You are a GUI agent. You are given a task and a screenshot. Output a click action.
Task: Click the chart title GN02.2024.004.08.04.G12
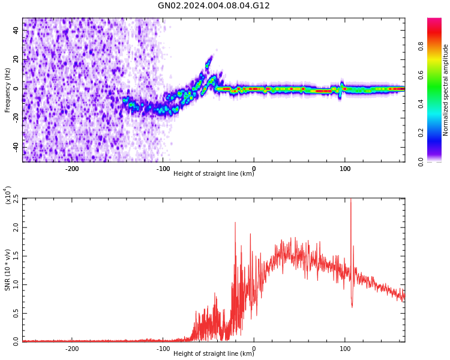click(214, 6)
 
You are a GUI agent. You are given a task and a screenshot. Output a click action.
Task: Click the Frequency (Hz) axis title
click(8, 90)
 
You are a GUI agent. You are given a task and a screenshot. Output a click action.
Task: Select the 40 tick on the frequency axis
click(16, 31)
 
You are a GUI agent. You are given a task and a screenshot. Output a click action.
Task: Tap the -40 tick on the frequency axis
click(16, 146)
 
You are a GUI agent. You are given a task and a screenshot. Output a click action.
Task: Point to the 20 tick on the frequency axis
click(16, 60)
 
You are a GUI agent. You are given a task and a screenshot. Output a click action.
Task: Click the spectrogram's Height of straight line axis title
click(214, 174)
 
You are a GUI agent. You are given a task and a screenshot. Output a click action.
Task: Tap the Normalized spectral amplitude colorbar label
click(446, 90)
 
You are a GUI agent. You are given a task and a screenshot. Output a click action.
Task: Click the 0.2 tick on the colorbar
click(437, 133)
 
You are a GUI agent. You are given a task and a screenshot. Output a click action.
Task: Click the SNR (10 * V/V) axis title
click(8, 270)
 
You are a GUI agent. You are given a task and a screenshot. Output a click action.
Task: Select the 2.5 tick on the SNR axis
click(16, 199)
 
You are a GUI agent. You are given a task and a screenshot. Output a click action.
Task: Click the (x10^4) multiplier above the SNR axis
click(8, 195)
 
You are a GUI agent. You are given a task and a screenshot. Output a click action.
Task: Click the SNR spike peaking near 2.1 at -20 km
click(235, 223)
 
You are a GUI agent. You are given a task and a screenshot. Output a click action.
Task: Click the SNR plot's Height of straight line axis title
click(214, 354)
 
